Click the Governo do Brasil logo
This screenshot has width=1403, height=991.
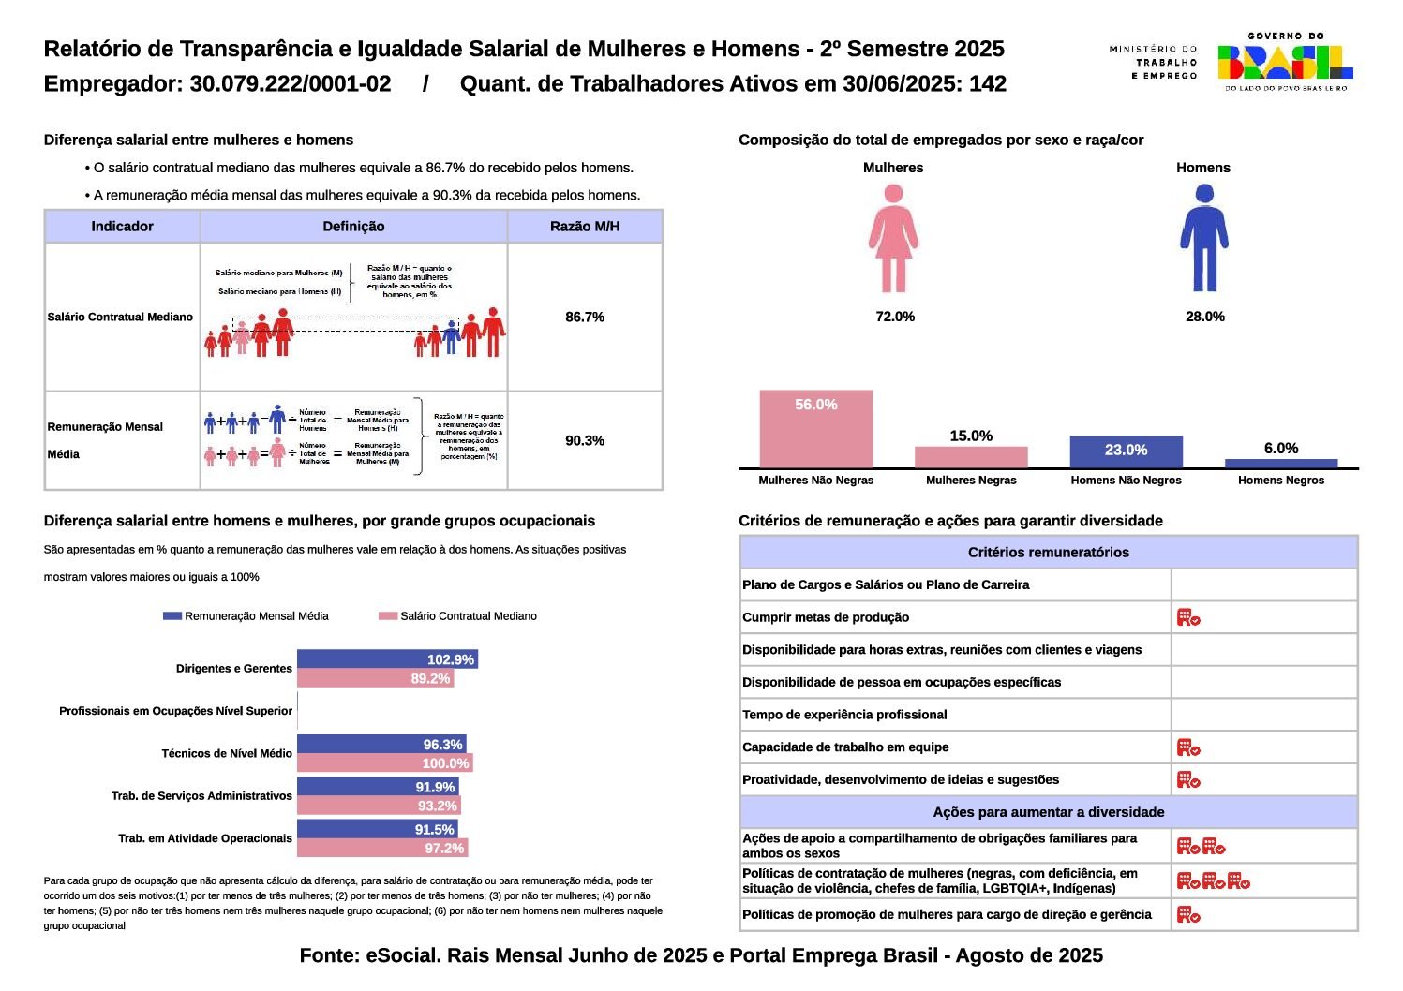click(x=1285, y=62)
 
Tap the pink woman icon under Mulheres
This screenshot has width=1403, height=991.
click(x=893, y=238)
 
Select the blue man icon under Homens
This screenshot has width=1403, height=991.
click(x=1204, y=238)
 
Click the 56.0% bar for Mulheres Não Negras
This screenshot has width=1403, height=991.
click(x=815, y=429)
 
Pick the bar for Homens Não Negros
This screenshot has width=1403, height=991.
click(x=1126, y=451)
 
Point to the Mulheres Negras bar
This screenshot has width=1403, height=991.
click(x=971, y=457)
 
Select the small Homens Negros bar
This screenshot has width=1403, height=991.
click(x=1280, y=463)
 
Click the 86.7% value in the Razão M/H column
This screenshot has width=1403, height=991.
click(x=585, y=317)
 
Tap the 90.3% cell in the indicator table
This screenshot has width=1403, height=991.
click(x=585, y=440)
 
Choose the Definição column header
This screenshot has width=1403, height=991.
click(x=353, y=226)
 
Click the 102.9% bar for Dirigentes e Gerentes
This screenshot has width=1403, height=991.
click(x=387, y=659)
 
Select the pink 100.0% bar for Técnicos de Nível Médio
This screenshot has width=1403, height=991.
click(x=384, y=763)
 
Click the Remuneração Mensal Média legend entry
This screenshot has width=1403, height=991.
click(x=246, y=616)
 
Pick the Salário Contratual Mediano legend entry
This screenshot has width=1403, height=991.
click(x=458, y=616)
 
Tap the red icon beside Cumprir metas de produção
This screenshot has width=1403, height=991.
click(x=1188, y=617)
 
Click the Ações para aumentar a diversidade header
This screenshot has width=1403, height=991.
click(x=1048, y=812)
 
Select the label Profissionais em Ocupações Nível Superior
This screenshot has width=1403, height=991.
click(x=175, y=711)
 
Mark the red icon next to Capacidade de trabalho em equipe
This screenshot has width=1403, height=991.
click(x=1188, y=747)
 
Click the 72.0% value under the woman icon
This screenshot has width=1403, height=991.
click(x=895, y=317)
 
